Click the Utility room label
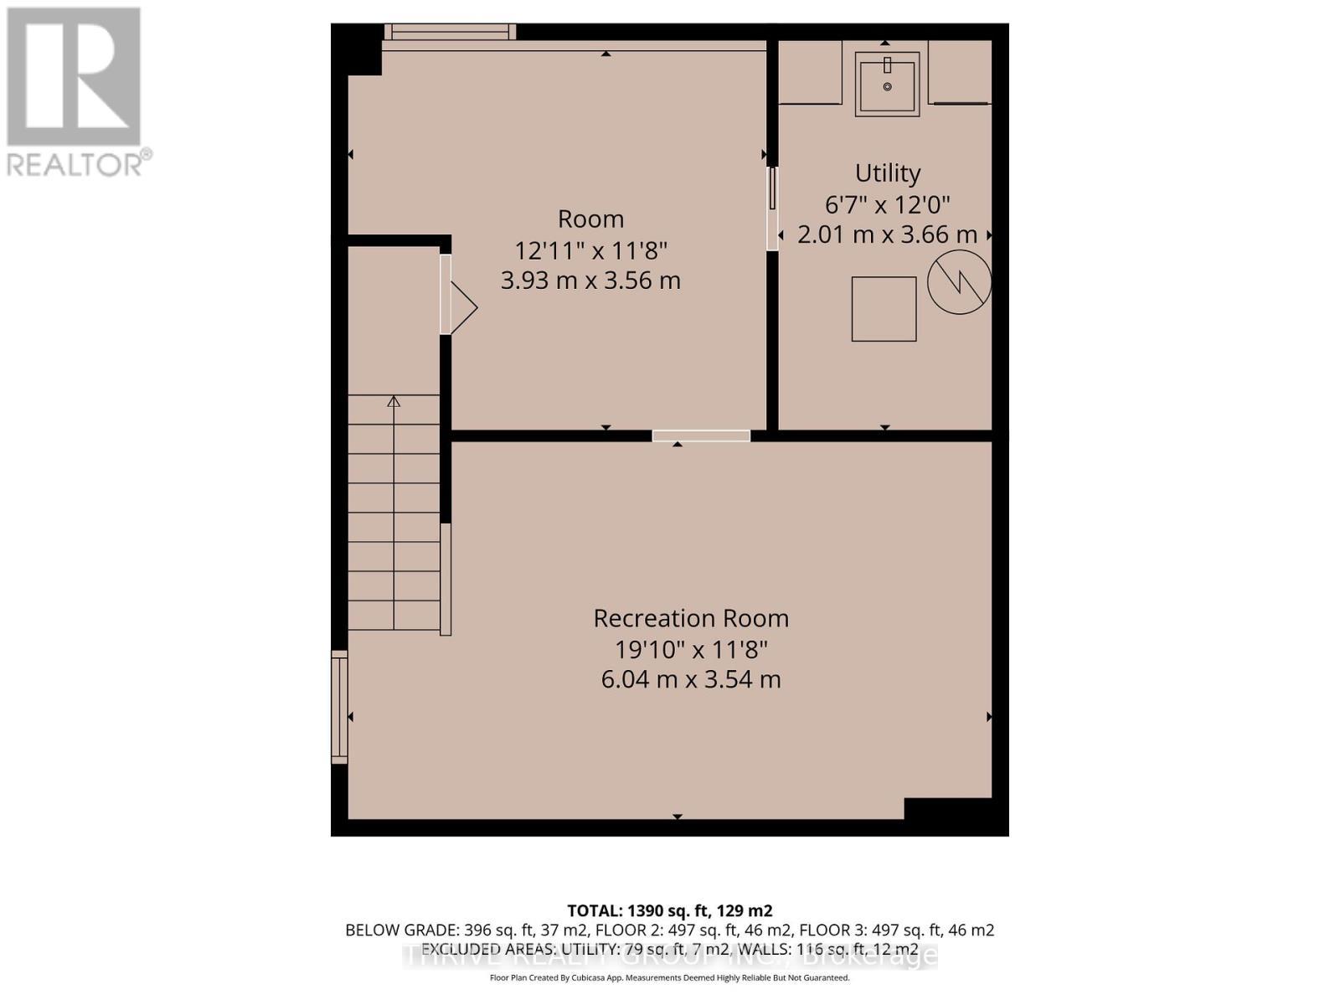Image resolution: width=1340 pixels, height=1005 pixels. click(887, 173)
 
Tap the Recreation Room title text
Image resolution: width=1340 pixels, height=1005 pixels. click(691, 618)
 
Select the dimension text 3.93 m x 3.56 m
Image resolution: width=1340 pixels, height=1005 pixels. click(590, 280)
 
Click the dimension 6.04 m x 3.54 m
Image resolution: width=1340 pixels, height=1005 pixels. click(691, 679)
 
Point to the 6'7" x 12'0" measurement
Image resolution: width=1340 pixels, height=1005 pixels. click(887, 204)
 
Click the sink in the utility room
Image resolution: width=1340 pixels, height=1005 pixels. click(887, 84)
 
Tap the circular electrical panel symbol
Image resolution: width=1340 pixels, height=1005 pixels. click(959, 282)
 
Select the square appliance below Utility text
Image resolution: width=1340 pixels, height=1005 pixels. click(884, 309)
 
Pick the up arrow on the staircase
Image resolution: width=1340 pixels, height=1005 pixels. click(394, 402)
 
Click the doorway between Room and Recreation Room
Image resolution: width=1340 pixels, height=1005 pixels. click(701, 435)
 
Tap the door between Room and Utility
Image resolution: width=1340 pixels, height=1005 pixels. click(772, 208)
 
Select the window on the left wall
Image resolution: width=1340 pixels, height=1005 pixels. click(339, 708)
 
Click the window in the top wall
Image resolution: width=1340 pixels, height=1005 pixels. click(450, 32)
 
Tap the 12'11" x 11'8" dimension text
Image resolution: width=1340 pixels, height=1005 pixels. click(590, 250)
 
